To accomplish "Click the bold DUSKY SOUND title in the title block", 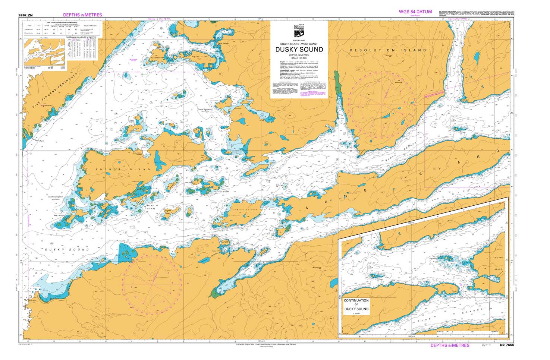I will [299, 50].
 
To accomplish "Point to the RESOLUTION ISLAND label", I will [388, 50].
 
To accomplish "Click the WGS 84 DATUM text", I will [415, 12].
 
